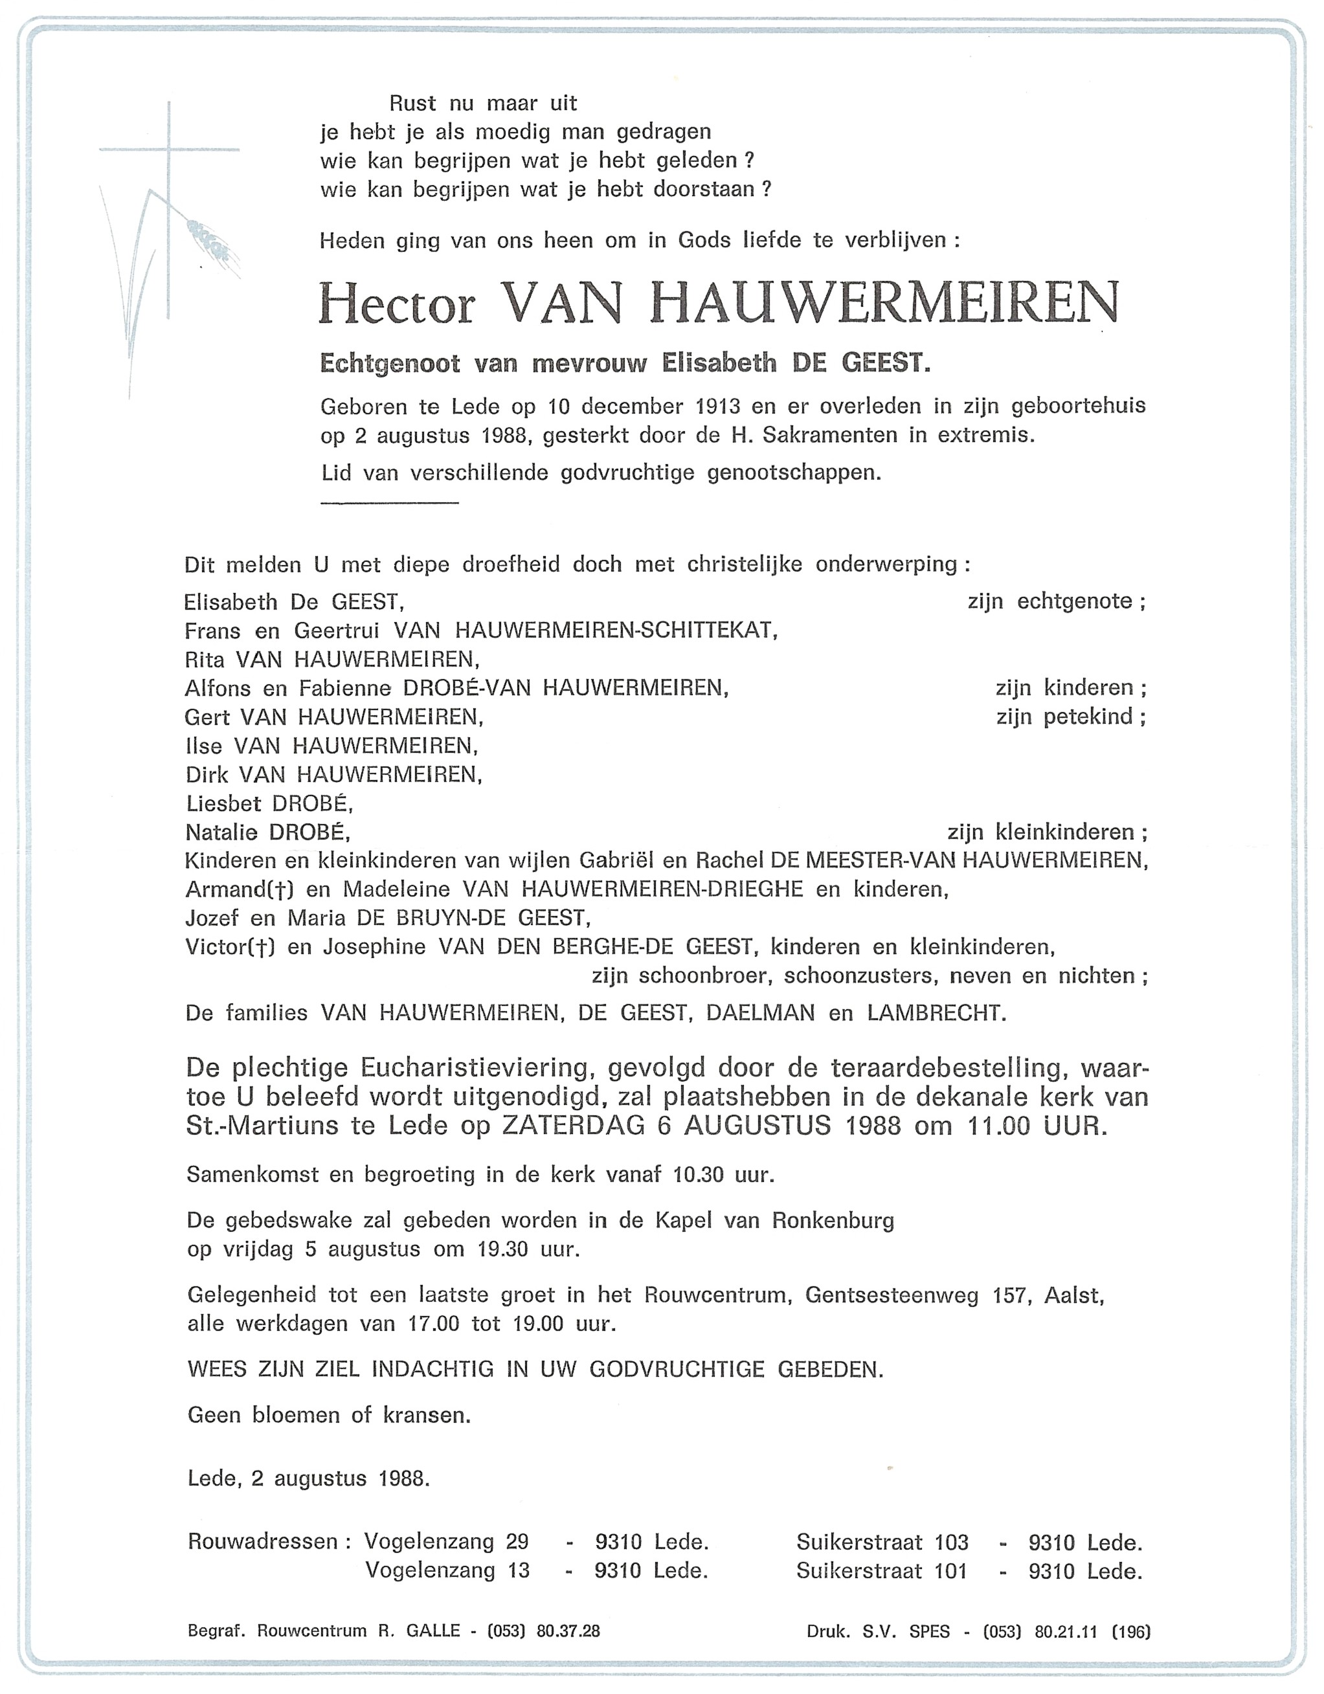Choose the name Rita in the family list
click(x=205, y=660)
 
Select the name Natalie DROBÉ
click(x=267, y=832)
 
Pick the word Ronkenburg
click(x=833, y=1221)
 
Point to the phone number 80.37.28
click(x=568, y=1631)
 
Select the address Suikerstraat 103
click(x=882, y=1542)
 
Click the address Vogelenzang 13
click(x=447, y=1570)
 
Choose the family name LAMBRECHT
click(x=936, y=1013)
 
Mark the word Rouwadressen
click(x=263, y=1541)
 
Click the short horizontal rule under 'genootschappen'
click(x=389, y=504)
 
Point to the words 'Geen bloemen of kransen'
click(x=329, y=1416)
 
